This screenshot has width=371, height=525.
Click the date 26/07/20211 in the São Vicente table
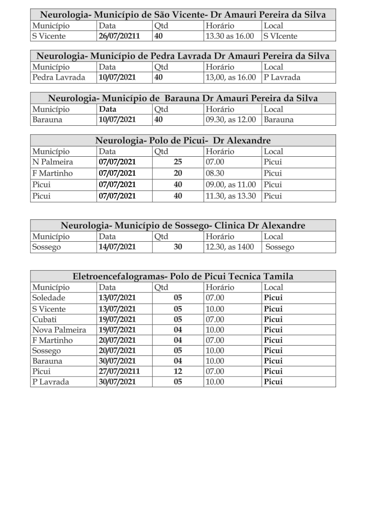point(120,36)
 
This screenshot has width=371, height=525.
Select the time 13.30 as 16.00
point(230,36)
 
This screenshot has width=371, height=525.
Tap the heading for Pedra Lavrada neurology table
point(183,56)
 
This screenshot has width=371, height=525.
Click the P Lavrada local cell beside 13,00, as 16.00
point(282,77)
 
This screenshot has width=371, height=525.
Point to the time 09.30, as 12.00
point(231,120)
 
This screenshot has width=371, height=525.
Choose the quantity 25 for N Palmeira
point(178,162)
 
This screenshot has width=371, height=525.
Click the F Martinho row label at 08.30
point(52,173)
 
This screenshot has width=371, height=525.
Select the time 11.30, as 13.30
point(231,196)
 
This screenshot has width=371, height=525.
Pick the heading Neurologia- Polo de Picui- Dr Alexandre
point(183,140)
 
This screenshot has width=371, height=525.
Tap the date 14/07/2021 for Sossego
point(117,247)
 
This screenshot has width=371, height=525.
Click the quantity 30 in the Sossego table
point(178,247)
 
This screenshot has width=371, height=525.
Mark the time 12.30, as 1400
point(230,247)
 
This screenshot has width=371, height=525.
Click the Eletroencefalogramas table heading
point(183,276)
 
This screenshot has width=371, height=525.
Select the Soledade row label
point(49,298)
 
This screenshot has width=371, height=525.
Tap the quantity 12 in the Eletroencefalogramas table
point(178,371)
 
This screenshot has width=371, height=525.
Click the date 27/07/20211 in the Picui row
point(120,371)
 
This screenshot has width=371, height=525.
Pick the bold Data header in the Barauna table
point(108,109)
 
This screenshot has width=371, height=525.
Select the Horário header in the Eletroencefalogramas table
point(220,287)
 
